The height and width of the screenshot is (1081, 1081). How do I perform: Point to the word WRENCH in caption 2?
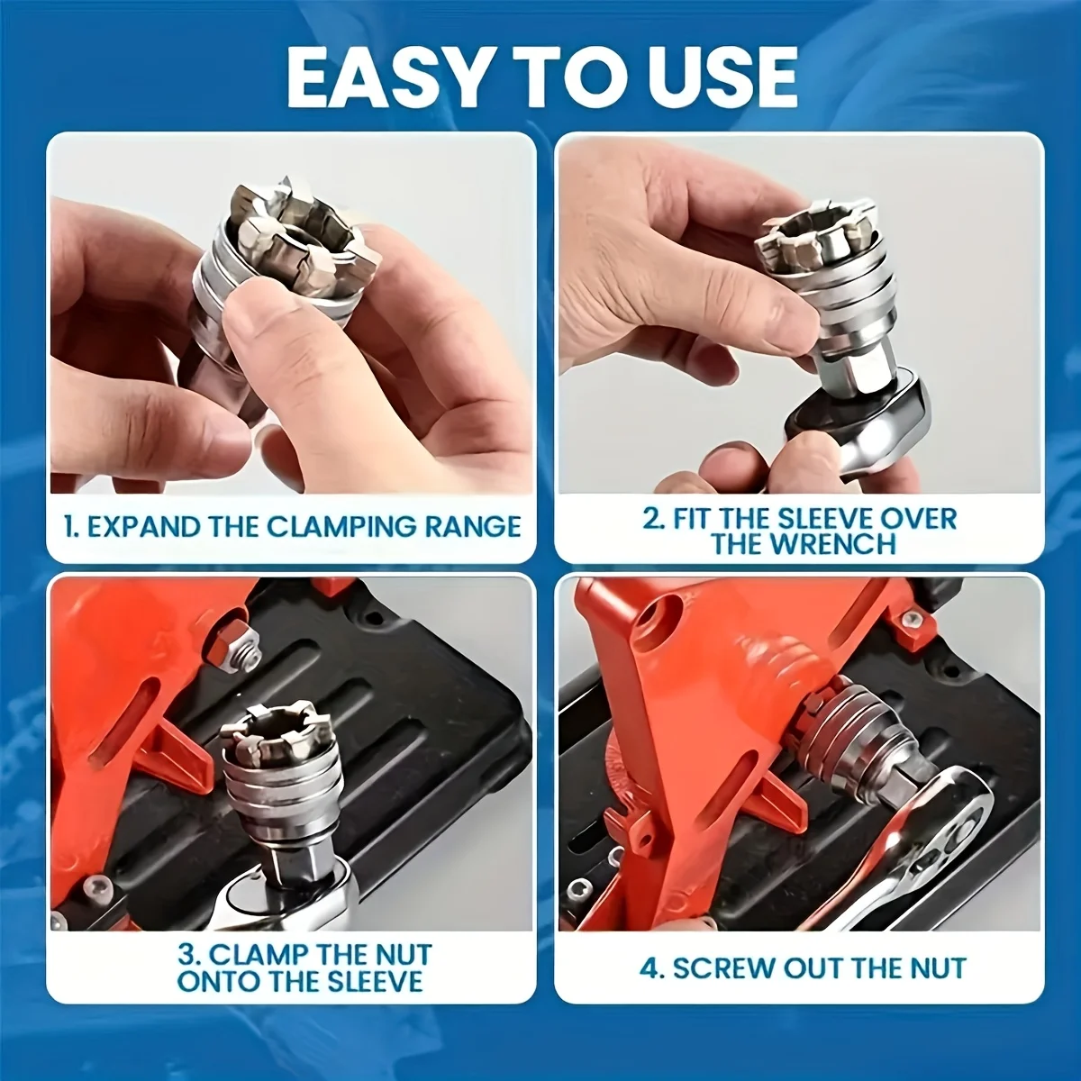pos(804,543)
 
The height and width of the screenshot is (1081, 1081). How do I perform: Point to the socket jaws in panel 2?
pos(813,237)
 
